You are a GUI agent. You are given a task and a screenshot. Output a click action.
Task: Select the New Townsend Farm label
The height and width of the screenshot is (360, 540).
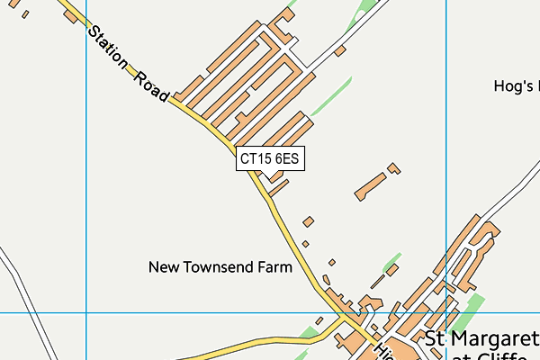[x=220, y=267]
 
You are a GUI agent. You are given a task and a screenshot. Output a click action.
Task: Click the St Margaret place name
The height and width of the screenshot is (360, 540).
[x=481, y=339]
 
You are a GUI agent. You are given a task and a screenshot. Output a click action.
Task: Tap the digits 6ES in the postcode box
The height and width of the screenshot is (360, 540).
[x=286, y=159]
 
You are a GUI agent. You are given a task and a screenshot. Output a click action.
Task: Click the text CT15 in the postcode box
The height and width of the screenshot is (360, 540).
[x=256, y=159]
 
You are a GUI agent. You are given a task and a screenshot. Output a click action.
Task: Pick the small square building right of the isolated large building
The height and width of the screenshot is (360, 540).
[x=393, y=167]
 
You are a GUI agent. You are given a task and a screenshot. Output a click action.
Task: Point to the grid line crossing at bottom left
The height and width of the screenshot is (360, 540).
[x=86, y=313]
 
